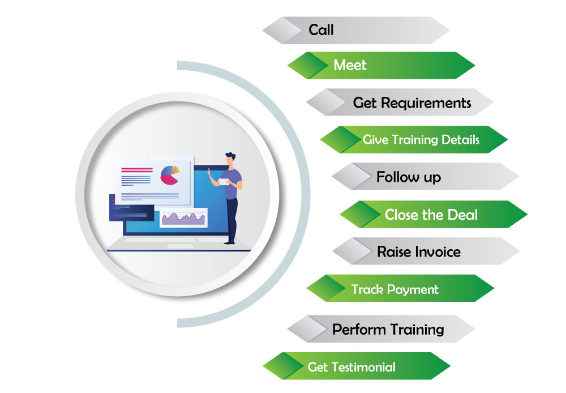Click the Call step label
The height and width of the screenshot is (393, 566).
pyautogui.click(x=321, y=29)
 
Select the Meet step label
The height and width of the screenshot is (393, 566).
pyautogui.click(x=350, y=65)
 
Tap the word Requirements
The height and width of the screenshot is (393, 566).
pyautogui.click(x=426, y=103)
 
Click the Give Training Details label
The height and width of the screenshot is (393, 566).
pyautogui.click(x=421, y=139)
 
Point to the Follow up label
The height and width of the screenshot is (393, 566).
pyautogui.click(x=409, y=177)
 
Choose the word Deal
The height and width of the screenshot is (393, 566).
pyautogui.click(x=462, y=215)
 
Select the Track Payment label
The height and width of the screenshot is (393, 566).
pyautogui.click(x=395, y=289)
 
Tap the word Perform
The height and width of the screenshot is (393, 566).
pyautogui.click(x=359, y=330)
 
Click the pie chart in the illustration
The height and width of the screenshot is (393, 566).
pyautogui.click(x=170, y=175)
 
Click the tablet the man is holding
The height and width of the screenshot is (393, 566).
pyautogui.click(x=224, y=182)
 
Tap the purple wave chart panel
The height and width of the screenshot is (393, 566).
pyautogui.click(x=183, y=218)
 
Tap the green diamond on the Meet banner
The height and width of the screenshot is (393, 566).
pyautogui.click(x=307, y=65)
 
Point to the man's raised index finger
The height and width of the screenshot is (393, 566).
pyautogui.click(x=209, y=170)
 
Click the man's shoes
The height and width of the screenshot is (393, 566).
pyautogui.click(x=230, y=242)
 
